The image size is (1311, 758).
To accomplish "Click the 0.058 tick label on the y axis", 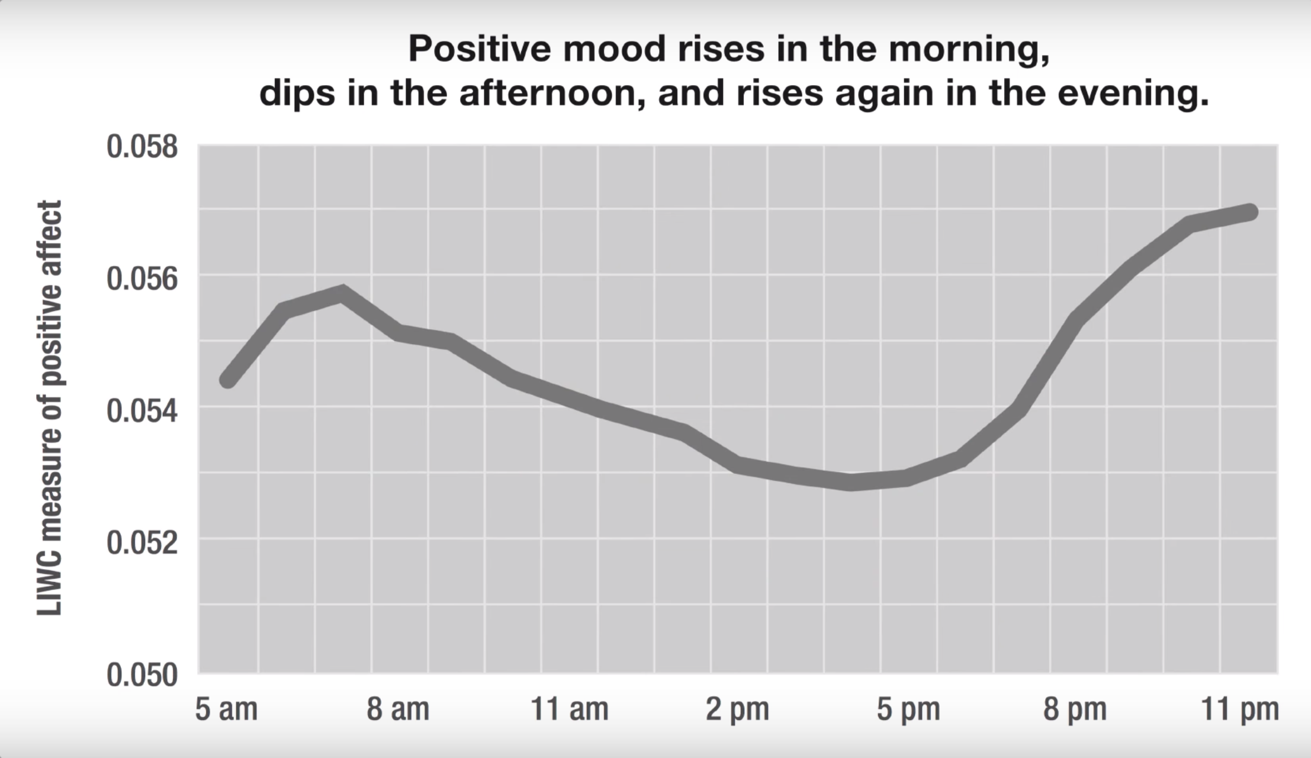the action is [x=142, y=146].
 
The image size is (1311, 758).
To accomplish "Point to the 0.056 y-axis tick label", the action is [x=142, y=278].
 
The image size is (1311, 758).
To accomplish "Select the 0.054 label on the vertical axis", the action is [x=142, y=410].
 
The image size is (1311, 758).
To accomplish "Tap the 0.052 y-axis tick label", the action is [x=142, y=542].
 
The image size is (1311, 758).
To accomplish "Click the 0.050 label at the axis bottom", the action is [x=142, y=675].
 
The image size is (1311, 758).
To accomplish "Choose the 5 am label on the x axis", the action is [x=226, y=709].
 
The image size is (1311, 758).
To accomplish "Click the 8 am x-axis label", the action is [x=398, y=709].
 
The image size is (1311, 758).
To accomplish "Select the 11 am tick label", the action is [x=569, y=709].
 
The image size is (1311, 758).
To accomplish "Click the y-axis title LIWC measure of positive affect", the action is [x=50, y=408].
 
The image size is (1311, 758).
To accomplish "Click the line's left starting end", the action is [x=228, y=380].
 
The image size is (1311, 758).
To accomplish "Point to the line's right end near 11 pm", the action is [x=1249, y=211].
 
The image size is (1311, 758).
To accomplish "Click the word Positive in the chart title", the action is [x=480, y=48].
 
